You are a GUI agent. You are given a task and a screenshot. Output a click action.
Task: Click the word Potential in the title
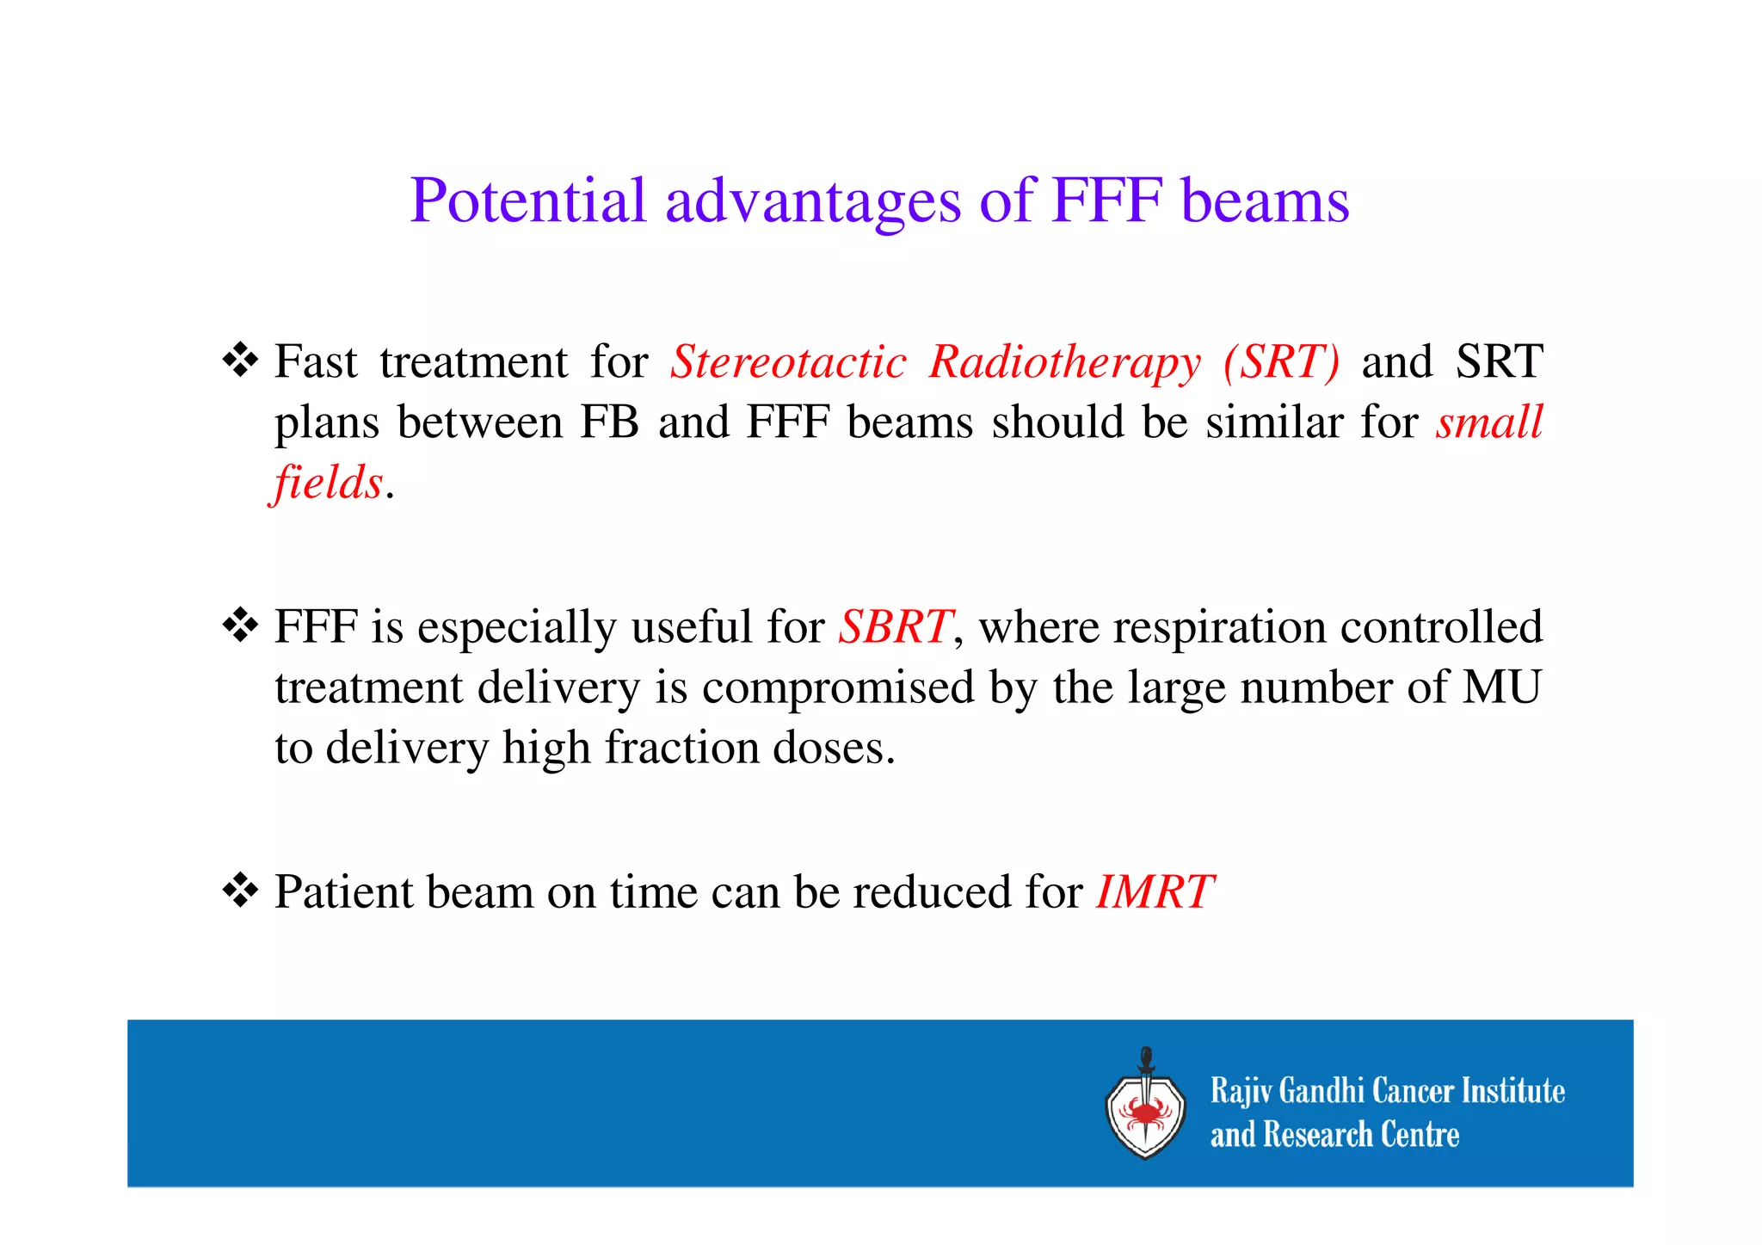point(527,200)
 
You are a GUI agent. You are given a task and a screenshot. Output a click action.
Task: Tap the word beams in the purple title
point(1265,200)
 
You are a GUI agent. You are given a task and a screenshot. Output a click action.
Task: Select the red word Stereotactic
point(788,361)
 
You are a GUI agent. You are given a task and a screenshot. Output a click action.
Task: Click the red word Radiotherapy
point(1065,361)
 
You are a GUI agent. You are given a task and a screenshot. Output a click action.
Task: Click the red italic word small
point(1489,422)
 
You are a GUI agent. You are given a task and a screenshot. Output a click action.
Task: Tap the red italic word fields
point(328,482)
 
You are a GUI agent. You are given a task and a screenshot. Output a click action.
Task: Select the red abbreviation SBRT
point(895,626)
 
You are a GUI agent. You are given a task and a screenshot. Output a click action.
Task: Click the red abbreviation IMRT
point(1155,891)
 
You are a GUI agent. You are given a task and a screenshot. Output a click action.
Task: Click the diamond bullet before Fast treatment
point(240,361)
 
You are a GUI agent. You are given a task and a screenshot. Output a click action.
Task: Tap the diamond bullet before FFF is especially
point(240,626)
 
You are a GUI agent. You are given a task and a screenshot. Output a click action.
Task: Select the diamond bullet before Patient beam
point(240,891)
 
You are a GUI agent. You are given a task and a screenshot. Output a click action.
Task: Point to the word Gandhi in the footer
point(1322,1091)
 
